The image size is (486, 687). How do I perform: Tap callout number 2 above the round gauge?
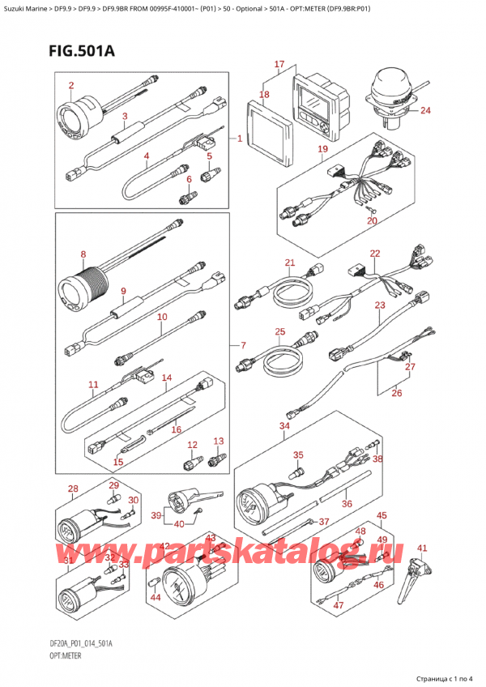(x=71, y=85)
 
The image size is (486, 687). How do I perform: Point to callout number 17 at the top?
(x=279, y=64)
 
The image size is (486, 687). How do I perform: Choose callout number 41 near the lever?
(x=421, y=548)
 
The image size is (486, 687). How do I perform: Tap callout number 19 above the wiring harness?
(x=322, y=149)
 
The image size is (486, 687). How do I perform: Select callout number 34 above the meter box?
(x=283, y=425)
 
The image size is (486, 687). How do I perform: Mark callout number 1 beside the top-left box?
(x=240, y=139)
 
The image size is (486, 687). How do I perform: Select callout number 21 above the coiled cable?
(x=290, y=262)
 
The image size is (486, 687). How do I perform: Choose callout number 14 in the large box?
(x=167, y=378)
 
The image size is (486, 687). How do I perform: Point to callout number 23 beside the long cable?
(x=380, y=305)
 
